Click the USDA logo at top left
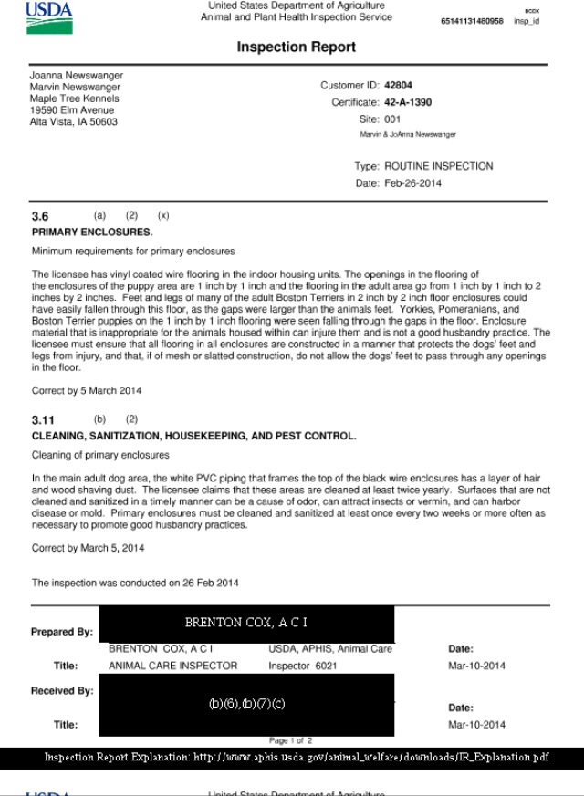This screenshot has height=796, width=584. click(49, 16)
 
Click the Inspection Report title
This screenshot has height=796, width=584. click(296, 47)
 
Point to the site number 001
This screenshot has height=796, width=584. click(392, 119)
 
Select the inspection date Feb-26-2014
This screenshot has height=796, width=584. click(413, 183)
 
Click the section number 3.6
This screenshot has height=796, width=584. click(40, 217)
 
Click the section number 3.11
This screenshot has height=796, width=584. click(44, 420)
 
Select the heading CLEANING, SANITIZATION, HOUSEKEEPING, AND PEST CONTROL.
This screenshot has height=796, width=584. click(193, 437)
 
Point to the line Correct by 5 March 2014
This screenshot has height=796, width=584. click(87, 390)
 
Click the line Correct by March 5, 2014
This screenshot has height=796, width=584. click(87, 548)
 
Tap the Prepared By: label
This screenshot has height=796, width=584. click(61, 632)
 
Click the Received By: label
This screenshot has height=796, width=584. click(62, 691)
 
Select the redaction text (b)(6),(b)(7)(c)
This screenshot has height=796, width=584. click(247, 705)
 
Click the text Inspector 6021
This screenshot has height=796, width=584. click(302, 666)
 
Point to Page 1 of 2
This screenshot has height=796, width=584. click(290, 740)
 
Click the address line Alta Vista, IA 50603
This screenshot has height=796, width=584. click(74, 122)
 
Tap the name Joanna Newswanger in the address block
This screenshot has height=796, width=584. click(76, 75)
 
